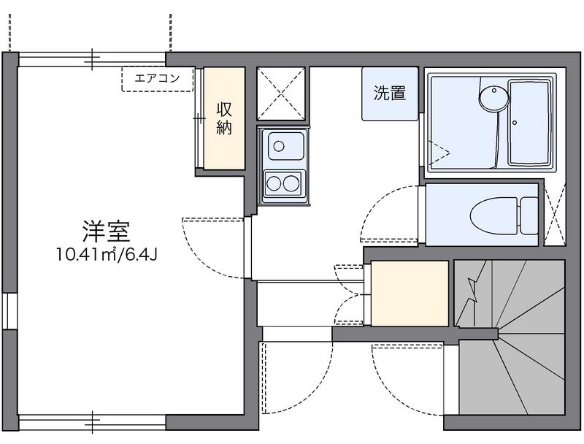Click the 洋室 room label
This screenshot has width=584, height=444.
pyautogui.click(x=105, y=231)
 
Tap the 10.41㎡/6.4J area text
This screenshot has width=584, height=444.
pyautogui.click(x=105, y=254)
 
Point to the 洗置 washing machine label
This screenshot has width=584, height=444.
pyautogui.click(x=389, y=93)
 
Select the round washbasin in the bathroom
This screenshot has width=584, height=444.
pyautogui.click(x=493, y=97)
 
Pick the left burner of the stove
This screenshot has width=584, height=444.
pyautogui.click(x=275, y=181)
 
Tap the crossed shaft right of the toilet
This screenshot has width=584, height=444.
pyautogui.click(x=556, y=213)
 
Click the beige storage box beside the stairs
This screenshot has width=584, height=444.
pyautogui.click(x=409, y=293)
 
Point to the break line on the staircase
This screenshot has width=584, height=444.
pyautogui.click(x=472, y=292)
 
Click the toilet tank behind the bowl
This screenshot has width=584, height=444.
pyautogui.click(x=527, y=214)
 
